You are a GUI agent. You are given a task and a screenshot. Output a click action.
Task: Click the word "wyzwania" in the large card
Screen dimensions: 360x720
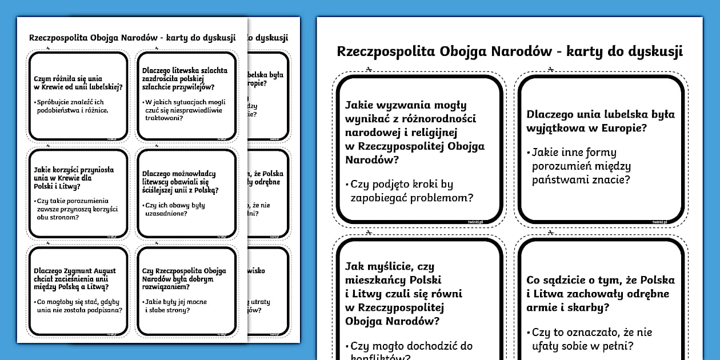401,105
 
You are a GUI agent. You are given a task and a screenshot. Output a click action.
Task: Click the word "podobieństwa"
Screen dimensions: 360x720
55,110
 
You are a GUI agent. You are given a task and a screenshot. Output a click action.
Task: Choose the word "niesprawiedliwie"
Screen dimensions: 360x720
198,110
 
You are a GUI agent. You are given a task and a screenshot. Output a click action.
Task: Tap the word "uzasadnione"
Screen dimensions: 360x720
165,213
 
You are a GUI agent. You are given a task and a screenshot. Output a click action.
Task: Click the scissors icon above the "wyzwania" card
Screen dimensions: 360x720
370,70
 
